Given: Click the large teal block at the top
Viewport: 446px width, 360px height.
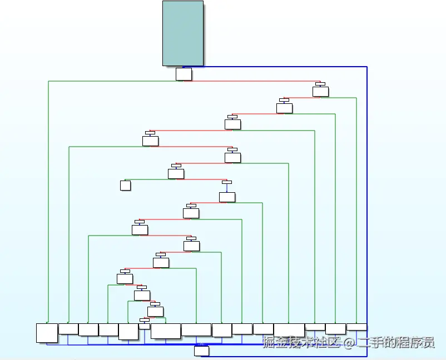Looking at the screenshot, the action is pyautogui.click(x=183, y=33).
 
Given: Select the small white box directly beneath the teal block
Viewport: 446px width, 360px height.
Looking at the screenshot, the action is pyautogui.click(x=184, y=74).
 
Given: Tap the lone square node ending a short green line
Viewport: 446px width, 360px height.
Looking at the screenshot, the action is pyautogui.click(x=125, y=185).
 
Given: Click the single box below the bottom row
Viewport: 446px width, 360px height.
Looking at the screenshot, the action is pyautogui.click(x=201, y=351).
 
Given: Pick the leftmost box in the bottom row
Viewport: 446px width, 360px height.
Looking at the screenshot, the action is pyautogui.click(x=47, y=332).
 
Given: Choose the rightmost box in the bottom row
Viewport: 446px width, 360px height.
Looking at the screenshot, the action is pyautogui.click(x=356, y=327).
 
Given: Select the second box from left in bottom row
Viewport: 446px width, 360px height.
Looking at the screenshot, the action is pyautogui.click(x=68, y=328).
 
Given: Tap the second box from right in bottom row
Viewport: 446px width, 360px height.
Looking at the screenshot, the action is pyautogui.click(x=335, y=328).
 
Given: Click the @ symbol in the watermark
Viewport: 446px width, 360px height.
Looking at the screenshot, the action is pyautogui.click(x=348, y=343).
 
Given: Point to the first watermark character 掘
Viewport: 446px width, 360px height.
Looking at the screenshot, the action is pyautogui.click(x=270, y=343).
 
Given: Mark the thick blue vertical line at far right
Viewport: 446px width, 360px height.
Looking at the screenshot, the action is pyautogui.click(x=367, y=194).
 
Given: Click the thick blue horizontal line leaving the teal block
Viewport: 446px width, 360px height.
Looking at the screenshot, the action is pyautogui.click(x=284, y=67).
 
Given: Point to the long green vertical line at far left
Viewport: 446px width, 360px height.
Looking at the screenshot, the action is pyautogui.click(x=48, y=200).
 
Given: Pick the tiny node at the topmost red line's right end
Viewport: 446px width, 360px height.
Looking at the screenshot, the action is pyautogui.click(x=320, y=84).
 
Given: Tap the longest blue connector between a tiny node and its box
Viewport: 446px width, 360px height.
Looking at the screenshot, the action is pyautogui.click(x=227, y=187).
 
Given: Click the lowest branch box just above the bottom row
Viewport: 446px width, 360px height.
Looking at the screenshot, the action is pyautogui.click(x=144, y=325).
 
